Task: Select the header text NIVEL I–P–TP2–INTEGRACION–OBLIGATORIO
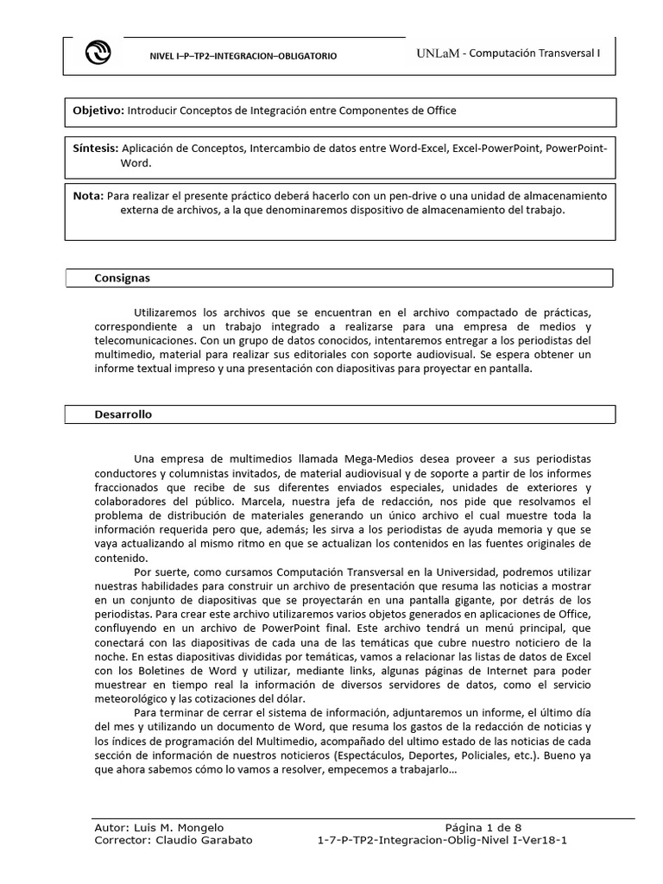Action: click(243, 56)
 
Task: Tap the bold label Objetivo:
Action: click(98, 111)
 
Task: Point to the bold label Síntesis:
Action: click(97, 148)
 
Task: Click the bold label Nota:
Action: click(88, 195)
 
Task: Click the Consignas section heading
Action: click(122, 278)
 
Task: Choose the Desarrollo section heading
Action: click(123, 414)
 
